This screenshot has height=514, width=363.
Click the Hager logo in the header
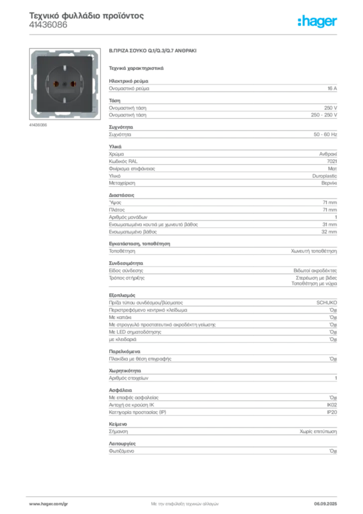click(x=317, y=22)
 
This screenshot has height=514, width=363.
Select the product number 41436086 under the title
click(x=48, y=25)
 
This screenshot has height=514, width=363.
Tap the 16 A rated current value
click(x=332, y=88)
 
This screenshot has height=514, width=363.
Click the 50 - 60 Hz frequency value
click(x=325, y=135)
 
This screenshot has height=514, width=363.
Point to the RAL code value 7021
click(x=332, y=161)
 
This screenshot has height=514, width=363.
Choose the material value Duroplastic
click(x=324, y=176)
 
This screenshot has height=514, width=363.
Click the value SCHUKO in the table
click(x=327, y=303)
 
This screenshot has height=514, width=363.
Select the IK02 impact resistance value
click(x=332, y=405)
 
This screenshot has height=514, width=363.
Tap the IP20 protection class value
click(x=332, y=412)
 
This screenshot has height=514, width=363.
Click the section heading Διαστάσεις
click(x=121, y=195)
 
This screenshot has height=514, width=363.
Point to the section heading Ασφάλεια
click(x=120, y=390)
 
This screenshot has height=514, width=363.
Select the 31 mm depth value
click(x=329, y=224)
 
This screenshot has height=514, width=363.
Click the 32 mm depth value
click(x=329, y=232)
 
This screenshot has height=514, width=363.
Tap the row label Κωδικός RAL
click(x=123, y=161)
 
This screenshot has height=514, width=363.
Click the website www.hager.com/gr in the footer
click(x=49, y=504)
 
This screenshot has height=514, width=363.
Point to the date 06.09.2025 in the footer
click(x=325, y=504)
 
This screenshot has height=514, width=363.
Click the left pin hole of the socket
click(x=56, y=84)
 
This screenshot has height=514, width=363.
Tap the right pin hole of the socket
click(x=73, y=84)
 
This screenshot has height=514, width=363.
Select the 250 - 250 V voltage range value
click(x=324, y=115)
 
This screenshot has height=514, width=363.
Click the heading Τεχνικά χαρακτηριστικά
click(x=136, y=68)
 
